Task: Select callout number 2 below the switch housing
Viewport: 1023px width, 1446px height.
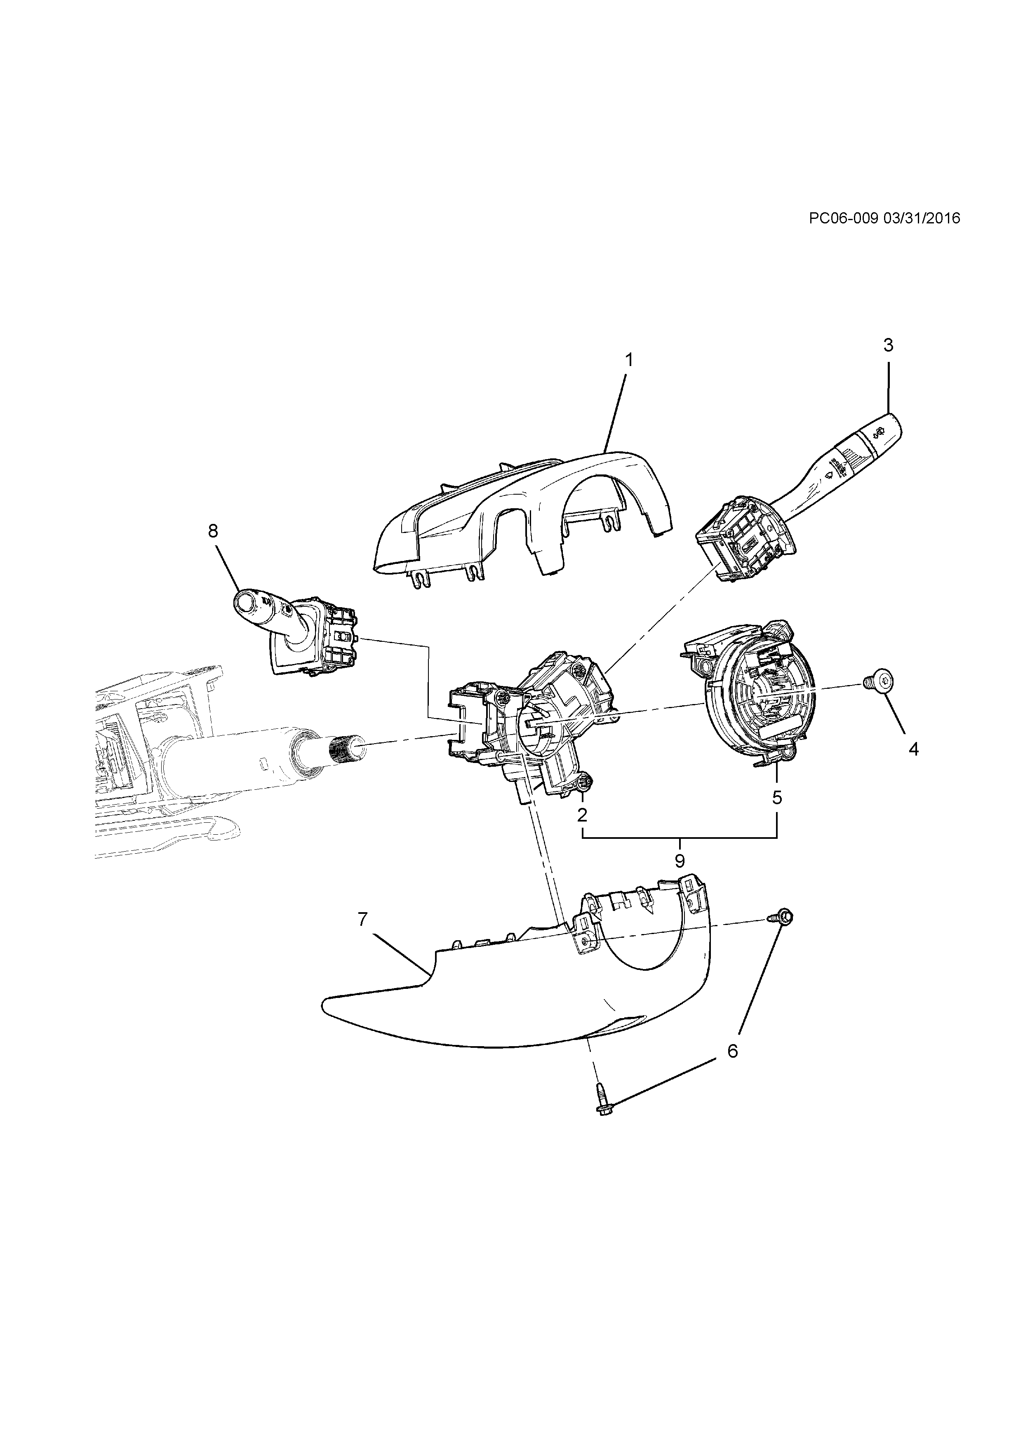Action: [x=582, y=815]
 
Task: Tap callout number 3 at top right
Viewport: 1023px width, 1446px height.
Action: [x=888, y=345]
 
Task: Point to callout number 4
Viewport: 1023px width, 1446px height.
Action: [x=913, y=749]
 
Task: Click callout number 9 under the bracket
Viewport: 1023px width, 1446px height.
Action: [x=680, y=860]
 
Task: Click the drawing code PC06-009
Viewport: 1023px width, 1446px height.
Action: [x=844, y=218]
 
